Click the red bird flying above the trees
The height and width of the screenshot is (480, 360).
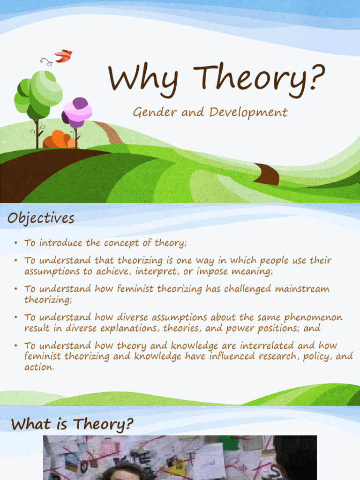63,56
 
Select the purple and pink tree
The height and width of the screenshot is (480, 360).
77,112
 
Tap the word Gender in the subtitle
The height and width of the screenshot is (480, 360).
150,112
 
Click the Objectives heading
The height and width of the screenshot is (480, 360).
41,218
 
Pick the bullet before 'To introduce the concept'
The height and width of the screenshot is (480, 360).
15,243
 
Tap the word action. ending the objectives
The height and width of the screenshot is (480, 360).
39,367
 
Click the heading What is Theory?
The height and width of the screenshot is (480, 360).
72,424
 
